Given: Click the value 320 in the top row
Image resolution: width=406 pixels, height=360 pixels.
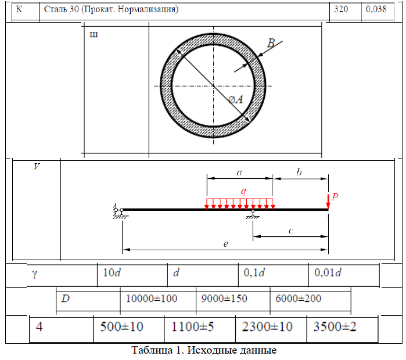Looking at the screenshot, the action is (341, 9).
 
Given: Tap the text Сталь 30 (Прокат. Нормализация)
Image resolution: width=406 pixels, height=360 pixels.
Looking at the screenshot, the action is (111, 9).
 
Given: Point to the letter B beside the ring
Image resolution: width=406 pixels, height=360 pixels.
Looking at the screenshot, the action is (271, 43).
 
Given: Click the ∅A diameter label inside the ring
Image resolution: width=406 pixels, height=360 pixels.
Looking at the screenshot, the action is (236, 100).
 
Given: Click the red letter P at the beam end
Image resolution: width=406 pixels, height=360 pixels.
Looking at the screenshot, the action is (335, 197).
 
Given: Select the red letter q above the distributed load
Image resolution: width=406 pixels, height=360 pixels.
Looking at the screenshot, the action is (243, 191).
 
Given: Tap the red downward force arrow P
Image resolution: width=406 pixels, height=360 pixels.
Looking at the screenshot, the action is (328, 201).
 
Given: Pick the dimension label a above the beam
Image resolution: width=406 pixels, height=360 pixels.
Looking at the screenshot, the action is (239, 172).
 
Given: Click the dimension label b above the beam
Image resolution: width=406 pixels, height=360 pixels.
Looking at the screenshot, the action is (299, 172).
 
